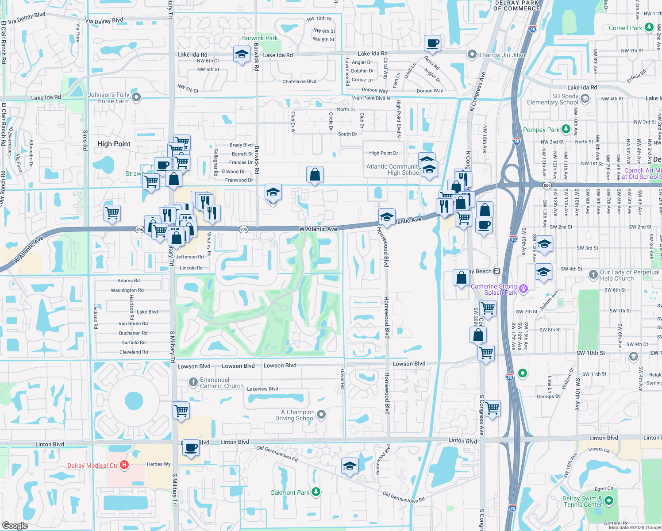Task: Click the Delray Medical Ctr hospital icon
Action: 124,465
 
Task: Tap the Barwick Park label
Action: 260,38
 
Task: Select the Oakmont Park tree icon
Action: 316,492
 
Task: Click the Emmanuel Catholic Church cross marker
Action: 193,382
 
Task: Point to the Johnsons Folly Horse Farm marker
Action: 136,97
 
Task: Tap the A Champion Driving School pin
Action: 322,415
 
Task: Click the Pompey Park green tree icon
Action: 566,129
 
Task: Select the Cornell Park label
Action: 625,28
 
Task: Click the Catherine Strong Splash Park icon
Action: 523,289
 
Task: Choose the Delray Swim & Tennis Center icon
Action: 609,501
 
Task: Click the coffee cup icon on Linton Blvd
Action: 191,448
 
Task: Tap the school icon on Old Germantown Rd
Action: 350,466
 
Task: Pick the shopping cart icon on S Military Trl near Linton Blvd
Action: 181,411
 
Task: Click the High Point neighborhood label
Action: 114,144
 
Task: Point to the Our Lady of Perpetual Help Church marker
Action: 593,275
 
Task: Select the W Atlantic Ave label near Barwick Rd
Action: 318,229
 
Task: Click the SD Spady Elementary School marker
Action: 585,99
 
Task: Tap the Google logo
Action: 15,525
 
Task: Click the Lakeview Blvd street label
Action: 262,389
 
